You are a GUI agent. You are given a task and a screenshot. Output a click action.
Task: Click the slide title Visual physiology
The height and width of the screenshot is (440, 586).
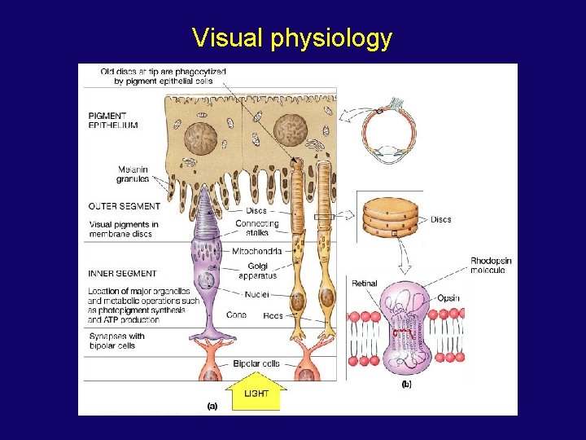292,37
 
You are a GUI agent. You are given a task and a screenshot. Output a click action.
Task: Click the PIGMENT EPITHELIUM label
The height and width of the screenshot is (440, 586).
113,121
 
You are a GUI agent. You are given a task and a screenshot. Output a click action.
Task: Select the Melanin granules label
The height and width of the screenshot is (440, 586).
133,174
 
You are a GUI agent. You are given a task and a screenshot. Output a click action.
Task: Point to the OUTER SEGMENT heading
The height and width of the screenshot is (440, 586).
125,206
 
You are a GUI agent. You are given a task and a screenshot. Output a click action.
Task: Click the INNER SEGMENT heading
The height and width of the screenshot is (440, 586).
123,273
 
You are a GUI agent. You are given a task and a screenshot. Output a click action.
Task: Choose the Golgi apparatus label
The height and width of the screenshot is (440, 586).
257,271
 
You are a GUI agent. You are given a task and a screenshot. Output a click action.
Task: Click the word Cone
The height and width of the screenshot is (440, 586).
238,315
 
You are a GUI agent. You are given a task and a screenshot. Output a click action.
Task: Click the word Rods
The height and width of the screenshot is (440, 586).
273,315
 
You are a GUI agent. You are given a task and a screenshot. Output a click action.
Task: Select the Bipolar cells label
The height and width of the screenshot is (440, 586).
256,363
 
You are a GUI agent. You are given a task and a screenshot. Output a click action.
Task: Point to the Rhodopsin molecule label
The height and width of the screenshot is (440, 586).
491,265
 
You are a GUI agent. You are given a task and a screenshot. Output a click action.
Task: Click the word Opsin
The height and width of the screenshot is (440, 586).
448,298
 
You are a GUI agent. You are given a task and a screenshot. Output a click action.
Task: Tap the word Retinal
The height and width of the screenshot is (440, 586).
365,284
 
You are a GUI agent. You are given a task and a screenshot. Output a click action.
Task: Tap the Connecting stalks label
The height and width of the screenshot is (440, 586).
256,229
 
